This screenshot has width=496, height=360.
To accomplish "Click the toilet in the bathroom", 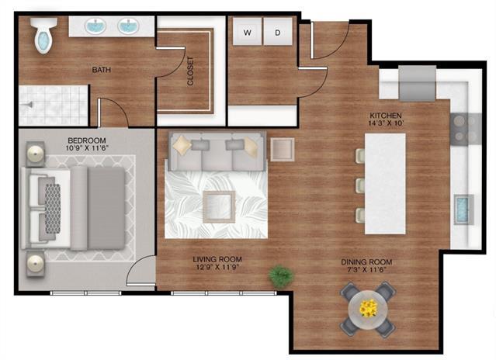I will click(43, 34).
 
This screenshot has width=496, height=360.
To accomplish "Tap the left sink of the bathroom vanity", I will click(95, 26).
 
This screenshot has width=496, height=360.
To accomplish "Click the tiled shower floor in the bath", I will click(53, 104).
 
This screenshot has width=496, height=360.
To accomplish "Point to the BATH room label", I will click(102, 70).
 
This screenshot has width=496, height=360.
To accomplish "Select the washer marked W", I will click(248, 33).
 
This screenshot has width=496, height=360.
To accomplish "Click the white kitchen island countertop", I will click(384, 184).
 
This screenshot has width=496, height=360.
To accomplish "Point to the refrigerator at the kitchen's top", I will click(418, 82).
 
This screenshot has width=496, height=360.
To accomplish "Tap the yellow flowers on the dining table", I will click(368, 307).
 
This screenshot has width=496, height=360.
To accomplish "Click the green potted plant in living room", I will click(279, 275).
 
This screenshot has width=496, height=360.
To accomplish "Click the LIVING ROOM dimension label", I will click(217, 265).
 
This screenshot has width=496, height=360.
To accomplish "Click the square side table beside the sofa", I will click(282, 149).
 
